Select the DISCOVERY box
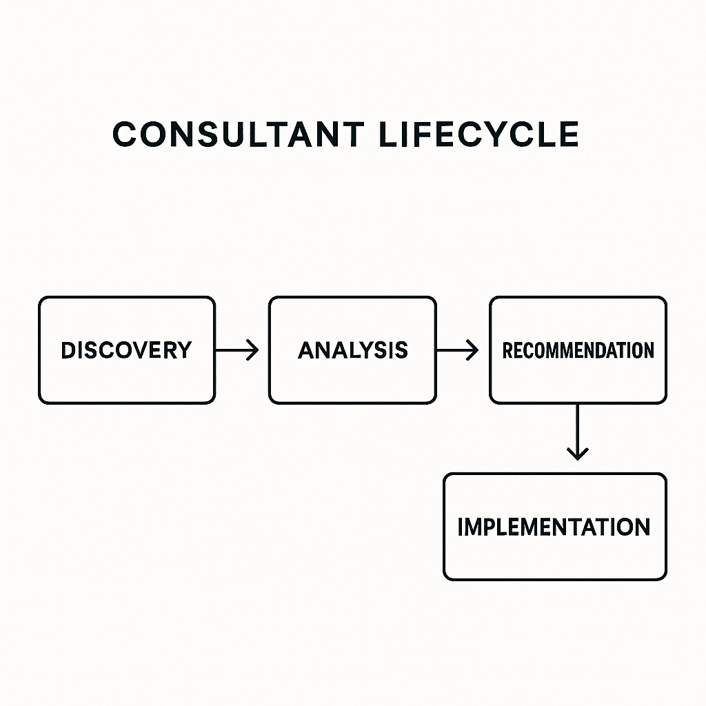point(126,350)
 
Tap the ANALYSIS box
point(352,350)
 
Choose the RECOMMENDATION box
point(578,350)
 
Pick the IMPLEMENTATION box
point(554,527)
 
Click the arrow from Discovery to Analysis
point(236,350)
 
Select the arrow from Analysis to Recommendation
point(457,350)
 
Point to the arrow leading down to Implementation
point(578,432)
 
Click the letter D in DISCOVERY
point(68,350)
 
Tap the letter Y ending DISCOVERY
point(183,350)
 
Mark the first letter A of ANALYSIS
point(306,350)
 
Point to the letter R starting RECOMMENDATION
point(507,350)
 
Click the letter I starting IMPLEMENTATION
point(461,527)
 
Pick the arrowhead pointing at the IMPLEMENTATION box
point(578,454)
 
